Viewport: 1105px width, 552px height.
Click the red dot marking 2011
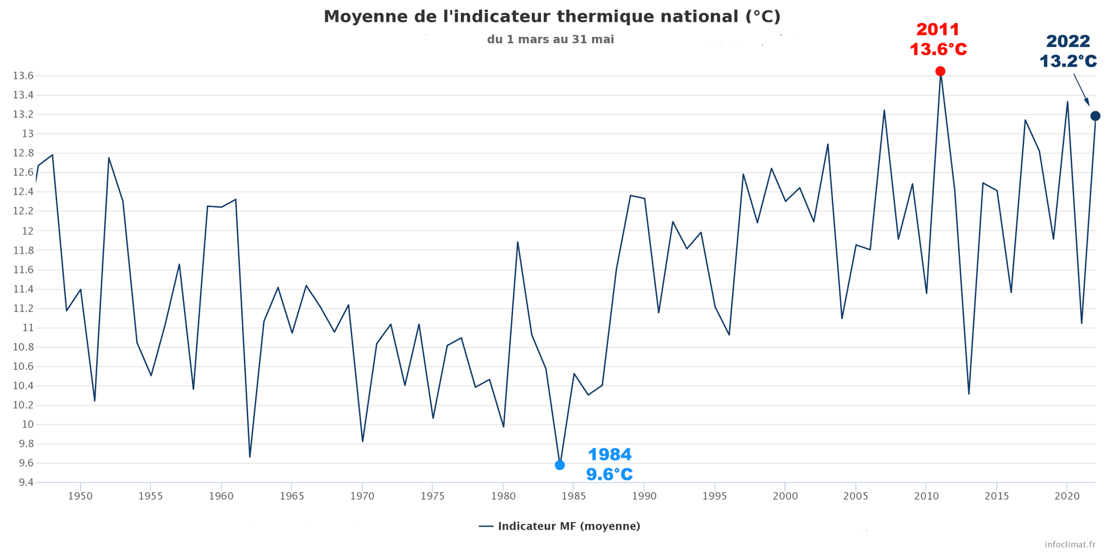click(x=940, y=71)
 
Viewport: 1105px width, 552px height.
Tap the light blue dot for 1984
click(x=560, y=465)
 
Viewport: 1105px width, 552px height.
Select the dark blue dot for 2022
click(x=1095, y=116)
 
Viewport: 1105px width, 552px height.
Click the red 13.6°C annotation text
click(x=938, y=49)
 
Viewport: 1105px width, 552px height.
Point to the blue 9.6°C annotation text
click(x=609, y=474)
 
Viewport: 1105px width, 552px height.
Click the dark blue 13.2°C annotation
click(x=1068, y=61)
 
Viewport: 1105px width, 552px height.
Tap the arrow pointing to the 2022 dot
click(x=1081, y=90)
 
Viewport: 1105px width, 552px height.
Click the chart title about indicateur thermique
click(x=552, y=17)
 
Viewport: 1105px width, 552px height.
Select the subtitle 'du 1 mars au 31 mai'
click(x=550, y=40)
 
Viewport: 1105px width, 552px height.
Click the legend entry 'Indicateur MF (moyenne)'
click(x=568, y=526)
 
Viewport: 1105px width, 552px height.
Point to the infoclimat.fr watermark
click(x=1070, y=544)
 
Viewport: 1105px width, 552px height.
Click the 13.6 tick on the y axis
click(x=23, y=76)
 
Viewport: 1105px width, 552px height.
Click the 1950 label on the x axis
click(x=80, y=496)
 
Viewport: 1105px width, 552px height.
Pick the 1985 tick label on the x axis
click(x=573, y=496)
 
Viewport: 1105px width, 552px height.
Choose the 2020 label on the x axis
click(x=1066, y=496)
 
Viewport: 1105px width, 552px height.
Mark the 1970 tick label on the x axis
click(x=362, y=496)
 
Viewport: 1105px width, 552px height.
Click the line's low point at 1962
click(x=250, y=457)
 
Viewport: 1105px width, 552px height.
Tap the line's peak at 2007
click(x=884, y=110)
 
